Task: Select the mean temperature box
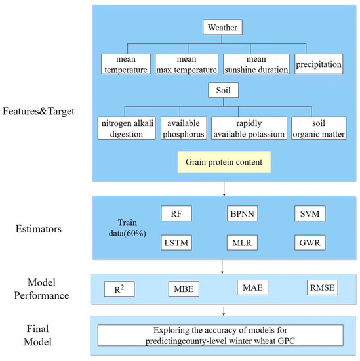(x=127, y=63)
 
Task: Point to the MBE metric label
(x=181, y=288)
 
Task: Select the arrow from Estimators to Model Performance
(x=224, y=266)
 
